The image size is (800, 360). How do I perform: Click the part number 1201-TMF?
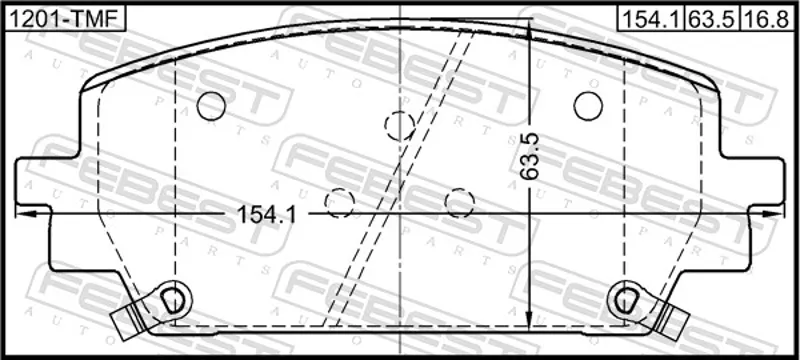tap(64, 19)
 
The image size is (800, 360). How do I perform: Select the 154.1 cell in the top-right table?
tap(652, 19)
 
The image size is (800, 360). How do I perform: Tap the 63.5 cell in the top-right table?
tap(712, 19)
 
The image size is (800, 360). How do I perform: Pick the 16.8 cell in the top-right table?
tap(767, 19)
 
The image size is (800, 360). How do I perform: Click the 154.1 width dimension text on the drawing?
tap(266, 215)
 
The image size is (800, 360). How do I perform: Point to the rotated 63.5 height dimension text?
tap(529, 156)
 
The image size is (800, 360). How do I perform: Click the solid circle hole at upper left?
tap(211, 106)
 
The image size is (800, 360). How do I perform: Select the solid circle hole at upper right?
tap(588, 106)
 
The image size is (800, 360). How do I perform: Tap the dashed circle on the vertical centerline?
tap(399, 126)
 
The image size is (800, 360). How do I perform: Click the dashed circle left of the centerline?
tap(339, 203)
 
